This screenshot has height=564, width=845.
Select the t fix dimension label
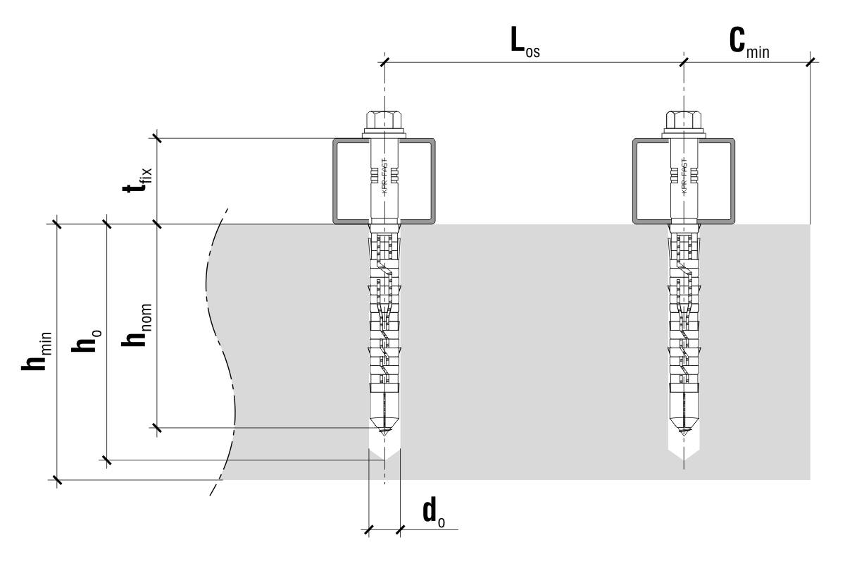coord(137,181)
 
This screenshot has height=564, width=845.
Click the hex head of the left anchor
coord(384,119)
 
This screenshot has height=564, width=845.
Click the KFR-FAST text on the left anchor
coord(384,180)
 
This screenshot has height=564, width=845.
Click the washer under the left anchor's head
coord(384,133)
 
